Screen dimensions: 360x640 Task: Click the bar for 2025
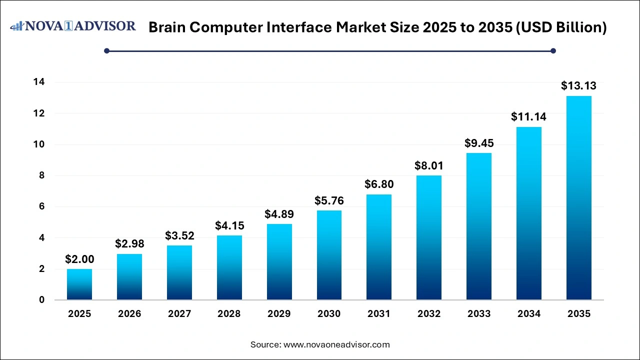(79, 284)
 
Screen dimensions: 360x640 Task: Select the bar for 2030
(329, 255)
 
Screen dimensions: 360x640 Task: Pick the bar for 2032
(429, 237)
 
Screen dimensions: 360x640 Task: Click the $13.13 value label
(578, 85)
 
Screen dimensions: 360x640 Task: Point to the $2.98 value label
(129, 243)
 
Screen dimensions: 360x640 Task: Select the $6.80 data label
(379, 184)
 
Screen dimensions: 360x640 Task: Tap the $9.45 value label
(479, 142)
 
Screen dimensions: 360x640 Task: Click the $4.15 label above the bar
(229, 225)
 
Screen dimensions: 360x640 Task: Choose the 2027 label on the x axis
(179, 314)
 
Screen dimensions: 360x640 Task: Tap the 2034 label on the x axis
(529, 314)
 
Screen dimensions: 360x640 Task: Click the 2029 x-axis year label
(279, 314)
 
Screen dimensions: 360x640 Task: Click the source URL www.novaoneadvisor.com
(336, 344)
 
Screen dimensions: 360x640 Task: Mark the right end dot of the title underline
(553, 50)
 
